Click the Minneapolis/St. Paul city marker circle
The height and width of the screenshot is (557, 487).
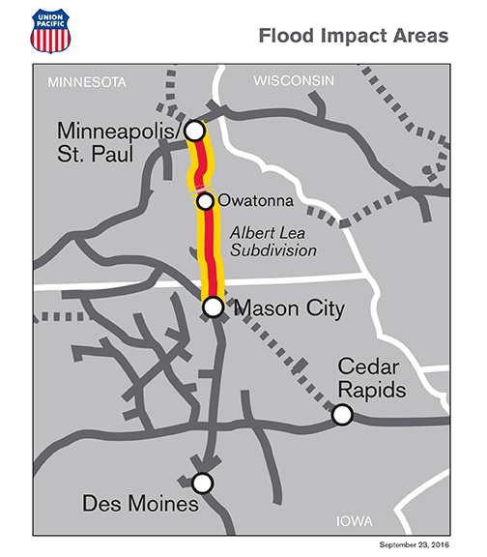194,130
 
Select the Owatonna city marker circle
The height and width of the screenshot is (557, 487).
205,201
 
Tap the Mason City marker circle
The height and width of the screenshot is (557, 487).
214,307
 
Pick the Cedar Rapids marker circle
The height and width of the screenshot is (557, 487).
341,415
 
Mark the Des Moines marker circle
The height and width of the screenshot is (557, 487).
202,483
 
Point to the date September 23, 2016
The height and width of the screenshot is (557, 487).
418,545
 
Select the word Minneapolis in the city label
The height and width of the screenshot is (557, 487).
119,130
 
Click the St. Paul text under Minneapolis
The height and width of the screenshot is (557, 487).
97,153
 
